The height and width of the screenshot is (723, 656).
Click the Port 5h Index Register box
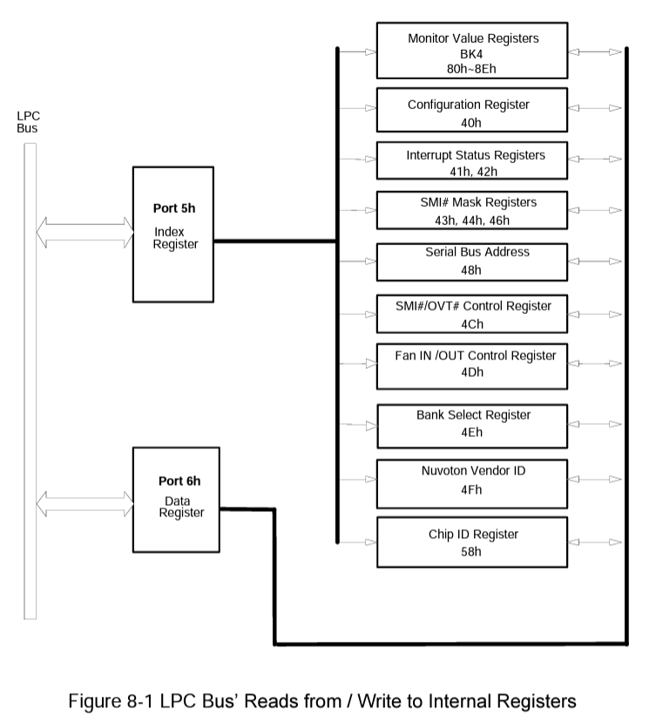coord(172,232)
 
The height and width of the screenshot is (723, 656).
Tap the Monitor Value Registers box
coord(473,51)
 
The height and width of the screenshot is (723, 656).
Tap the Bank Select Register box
coord(473,423)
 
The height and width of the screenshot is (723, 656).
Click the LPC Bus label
coord(28,121)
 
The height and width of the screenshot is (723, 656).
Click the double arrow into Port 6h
coord(85,501)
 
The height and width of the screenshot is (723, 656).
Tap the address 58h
coord(472,552)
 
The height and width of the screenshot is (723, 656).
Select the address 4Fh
coord(472,489)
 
